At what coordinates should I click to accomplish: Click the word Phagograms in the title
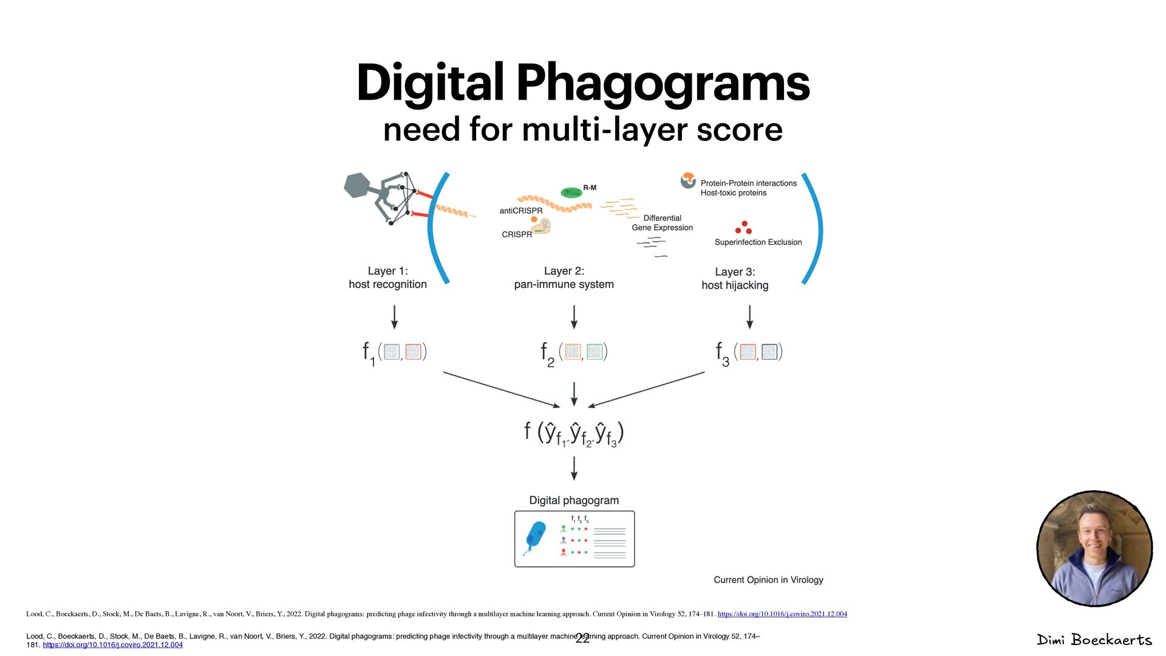pyautogui.click(x=663, y=83)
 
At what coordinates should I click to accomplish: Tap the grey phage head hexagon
pyautogui.click(x=358, y=185)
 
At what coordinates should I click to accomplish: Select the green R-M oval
pyautogui.click(x=571, y=193)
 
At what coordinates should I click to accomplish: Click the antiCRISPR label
pyautogui.click(x=521, y=211)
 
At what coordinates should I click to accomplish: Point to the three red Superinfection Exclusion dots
pyautogui.click(x=743, y=228)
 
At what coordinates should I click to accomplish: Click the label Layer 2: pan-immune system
pyautogui.click(x=564, y=278)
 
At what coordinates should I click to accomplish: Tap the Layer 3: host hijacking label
pyautogui.click(x=735, y=279)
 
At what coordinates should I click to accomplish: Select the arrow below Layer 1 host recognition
pyautogui.click(x=395, y=316)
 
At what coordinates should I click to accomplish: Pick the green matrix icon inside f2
pyautogui.click(x=594, y=352)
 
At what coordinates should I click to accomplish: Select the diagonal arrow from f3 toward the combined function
pyautogui.click(x=646, y=389)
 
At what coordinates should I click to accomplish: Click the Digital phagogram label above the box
pyautogui.click(x=574, y=501)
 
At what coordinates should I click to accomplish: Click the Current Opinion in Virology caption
pyautogui.click(x=768, y=580)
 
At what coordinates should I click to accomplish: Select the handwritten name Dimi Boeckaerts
pyautogui.click(x=1094, y=640)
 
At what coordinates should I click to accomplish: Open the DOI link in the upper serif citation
pyautogui.click(x=782, y=614)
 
